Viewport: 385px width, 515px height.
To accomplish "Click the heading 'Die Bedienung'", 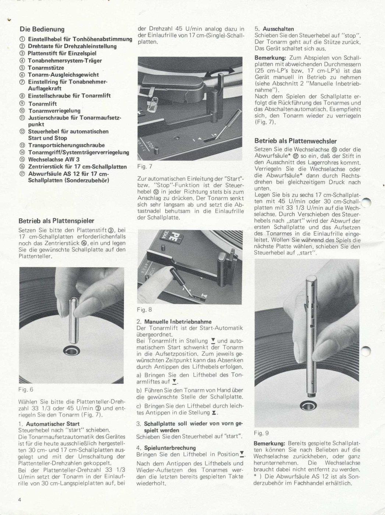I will click(42, 29).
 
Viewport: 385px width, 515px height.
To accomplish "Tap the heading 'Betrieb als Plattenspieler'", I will click(56, 221).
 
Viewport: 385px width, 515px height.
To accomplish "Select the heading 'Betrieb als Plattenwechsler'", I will click(296, 141).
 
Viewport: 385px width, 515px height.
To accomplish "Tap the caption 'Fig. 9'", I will click(261, 433).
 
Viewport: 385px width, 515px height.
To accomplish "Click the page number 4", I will click(20, 500).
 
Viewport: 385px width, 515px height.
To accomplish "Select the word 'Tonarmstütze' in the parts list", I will click(46, 68).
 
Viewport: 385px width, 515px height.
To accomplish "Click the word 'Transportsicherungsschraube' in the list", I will click(66, 145).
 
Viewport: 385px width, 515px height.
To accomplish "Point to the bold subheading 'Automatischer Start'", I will click(53, 424).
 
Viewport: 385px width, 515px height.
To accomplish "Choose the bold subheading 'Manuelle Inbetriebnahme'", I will click(178, 321).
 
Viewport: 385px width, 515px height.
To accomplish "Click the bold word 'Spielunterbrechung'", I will click(170, 448).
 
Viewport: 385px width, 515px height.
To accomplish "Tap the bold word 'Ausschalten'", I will click(278, 29).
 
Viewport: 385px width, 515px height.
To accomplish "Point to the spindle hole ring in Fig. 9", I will click(306, 406).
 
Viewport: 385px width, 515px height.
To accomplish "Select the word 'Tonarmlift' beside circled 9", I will click(43, 104).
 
